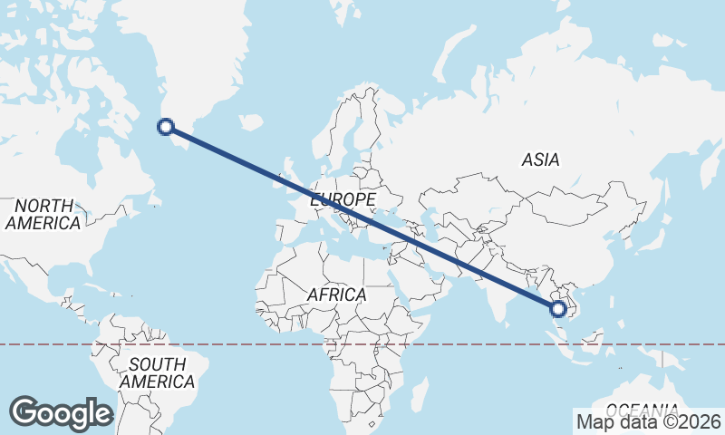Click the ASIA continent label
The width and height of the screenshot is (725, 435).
540,160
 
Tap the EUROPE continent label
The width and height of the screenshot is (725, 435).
343,199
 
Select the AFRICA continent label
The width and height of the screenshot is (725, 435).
336,295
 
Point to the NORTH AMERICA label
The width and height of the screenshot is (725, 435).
43,214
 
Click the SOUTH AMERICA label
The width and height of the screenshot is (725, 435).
157,372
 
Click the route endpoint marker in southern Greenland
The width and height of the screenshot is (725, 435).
166,127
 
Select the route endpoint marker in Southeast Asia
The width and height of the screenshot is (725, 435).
558,308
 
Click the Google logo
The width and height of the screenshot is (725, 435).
61,413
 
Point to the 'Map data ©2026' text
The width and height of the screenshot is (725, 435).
648,421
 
